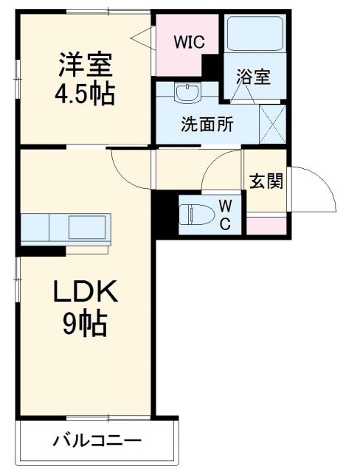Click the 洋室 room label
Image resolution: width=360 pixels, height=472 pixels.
tap(86, 65)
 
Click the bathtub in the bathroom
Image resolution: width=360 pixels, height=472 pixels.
tap(255, 34)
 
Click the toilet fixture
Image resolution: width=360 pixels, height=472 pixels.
tap(196, 215)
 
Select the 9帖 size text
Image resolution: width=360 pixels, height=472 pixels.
tap(86, 324)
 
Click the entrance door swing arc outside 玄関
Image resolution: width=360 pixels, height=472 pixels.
tap(314, 189)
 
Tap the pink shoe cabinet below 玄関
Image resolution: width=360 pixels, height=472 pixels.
tap(265, 225)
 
